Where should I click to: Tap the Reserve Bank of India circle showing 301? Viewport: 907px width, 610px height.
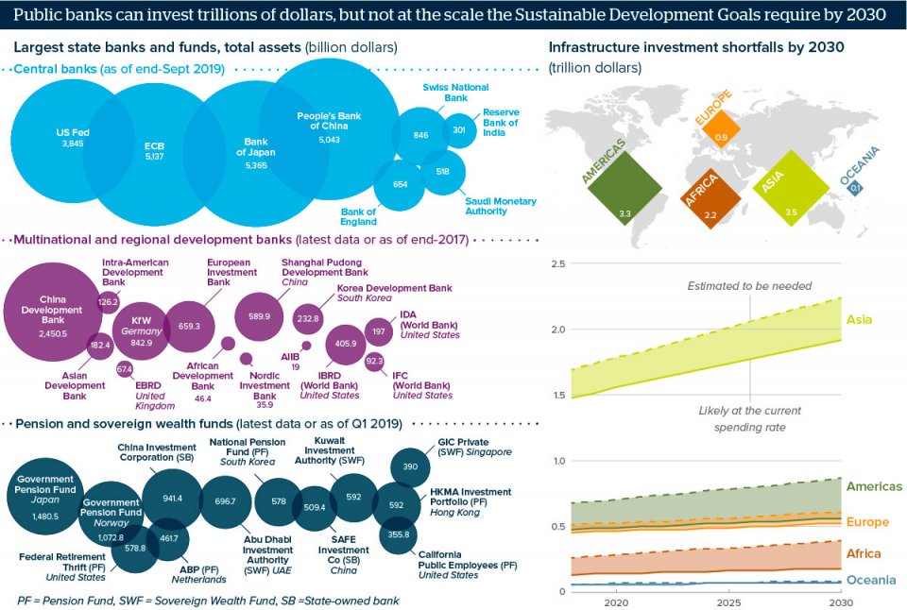[459, 130]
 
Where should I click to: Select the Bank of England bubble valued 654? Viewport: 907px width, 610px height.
[400, 184]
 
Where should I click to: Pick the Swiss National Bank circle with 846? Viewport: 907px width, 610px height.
[420, 135]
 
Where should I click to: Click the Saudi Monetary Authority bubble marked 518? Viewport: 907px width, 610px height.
[442, 172]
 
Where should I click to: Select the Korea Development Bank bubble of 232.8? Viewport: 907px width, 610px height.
[308, 319]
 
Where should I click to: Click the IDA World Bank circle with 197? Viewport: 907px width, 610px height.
[379, 331]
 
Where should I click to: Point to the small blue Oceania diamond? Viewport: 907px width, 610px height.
[856, 187]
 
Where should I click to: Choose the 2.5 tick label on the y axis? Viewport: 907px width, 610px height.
[557, 263]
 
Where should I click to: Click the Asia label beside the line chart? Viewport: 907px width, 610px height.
[859, 320]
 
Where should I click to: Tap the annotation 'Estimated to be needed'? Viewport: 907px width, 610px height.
[749, 286]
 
